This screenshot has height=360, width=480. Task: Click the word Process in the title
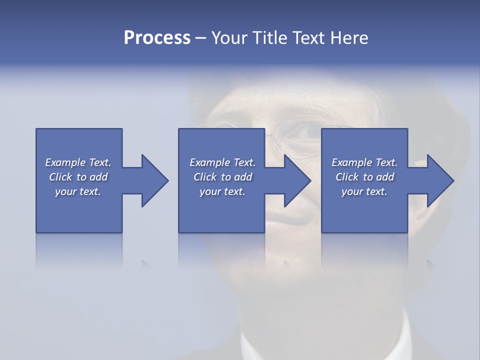tap(157, 38)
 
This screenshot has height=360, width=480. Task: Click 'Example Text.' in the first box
tap(78, 162)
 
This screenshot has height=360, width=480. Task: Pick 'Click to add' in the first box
tap(78, 177)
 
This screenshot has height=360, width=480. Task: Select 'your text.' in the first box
tap(78, 191)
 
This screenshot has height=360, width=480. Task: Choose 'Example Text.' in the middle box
tap(222, 162)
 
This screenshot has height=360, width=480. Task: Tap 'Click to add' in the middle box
tap(222, 177)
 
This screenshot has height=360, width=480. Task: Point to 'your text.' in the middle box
tap(222, 191)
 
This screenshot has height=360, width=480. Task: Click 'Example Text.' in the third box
tap(364, 162)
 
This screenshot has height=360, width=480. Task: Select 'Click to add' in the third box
tap(364, 177)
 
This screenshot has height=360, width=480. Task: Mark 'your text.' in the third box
tap(364, 191)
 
